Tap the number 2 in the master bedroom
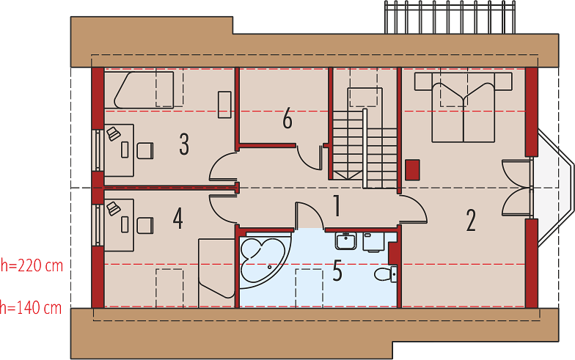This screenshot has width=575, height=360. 471,220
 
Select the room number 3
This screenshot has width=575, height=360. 184,144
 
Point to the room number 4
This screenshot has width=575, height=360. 177,218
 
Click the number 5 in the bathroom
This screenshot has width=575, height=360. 337,271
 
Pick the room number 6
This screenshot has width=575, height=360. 287,119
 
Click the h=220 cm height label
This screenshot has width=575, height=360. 32,265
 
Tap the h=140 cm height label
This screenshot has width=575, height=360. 31,307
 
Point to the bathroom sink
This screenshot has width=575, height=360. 345,240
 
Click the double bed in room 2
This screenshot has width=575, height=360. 464,107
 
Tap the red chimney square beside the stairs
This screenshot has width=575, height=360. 412,170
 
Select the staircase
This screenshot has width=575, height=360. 365,147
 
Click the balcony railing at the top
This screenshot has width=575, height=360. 450,17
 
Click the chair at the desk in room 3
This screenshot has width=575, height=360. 145,151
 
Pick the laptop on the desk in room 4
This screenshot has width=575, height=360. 113,208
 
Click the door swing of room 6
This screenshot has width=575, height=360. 310,158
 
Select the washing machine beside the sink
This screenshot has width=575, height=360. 373,242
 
